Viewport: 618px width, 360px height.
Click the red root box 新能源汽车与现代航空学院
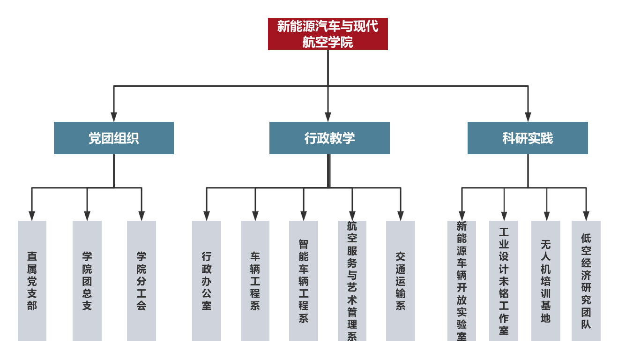point(328,34)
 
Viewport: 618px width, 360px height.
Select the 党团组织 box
point(114,138)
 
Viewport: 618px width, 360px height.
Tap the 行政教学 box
point(329,138)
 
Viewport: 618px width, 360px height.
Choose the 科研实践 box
point(528,138)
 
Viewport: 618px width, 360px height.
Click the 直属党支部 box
point(32,281)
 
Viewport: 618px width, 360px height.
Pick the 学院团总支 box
point(87,281)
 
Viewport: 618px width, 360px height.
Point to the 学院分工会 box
point(141,281)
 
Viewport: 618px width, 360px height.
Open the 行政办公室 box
point(207,281)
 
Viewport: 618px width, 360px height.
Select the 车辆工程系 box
point(255,281)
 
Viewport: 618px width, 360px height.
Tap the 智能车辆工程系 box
point(304,281)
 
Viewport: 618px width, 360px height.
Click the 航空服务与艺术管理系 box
point(352,281)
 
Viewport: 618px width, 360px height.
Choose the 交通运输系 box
point(401,281)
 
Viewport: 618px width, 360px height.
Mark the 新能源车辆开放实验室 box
point(462,281)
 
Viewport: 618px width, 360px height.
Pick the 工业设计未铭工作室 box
point(504,281)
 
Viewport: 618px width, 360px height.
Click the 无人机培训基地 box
point(546,281)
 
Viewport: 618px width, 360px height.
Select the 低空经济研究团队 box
point(586,281)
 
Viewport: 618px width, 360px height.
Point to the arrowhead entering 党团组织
point(114,117)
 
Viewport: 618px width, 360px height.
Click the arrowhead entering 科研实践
point(528,117)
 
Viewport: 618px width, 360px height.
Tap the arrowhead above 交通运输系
point(401,216)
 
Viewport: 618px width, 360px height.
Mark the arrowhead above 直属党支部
point(32,216)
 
